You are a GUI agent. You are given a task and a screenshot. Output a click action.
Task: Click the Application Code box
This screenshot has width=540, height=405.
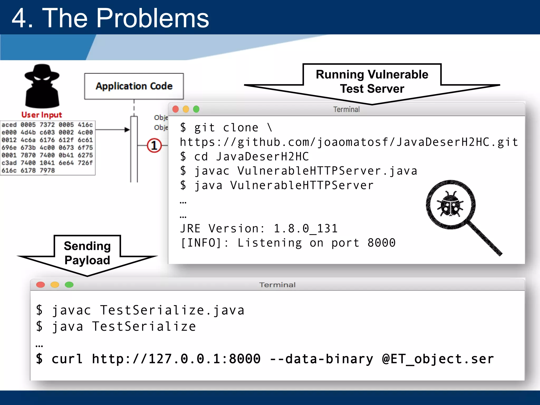(134, 86)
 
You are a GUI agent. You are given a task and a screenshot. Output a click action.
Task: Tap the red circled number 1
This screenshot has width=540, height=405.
(154, 145)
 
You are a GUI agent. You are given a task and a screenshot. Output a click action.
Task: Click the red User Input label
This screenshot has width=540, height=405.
(42, 115)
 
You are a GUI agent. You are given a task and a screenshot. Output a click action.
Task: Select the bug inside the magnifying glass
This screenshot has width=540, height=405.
(450, 204)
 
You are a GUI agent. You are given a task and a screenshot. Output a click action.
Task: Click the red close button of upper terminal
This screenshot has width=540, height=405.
(176, 109)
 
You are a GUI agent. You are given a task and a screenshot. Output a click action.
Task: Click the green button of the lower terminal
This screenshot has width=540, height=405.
(69, 285)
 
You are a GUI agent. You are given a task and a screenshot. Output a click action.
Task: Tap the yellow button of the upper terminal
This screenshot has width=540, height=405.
(186, 109)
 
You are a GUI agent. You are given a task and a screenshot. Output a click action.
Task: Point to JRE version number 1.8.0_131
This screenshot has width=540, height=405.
(306, 228)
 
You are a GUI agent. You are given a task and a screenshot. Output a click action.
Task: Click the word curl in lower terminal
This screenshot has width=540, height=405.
(67, 359)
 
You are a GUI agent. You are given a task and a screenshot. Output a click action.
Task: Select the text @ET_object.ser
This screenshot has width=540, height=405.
(438, 359)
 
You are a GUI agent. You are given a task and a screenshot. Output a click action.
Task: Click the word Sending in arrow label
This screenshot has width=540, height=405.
(87, 246)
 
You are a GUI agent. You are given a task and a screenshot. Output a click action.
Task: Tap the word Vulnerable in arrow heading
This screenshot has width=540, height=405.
(398, 75)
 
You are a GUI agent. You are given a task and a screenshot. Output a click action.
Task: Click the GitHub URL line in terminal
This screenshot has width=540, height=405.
(349, 142)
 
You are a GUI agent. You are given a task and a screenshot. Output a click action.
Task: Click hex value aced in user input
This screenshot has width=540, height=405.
(9, 125)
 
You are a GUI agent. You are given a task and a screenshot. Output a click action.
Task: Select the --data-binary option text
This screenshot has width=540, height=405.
(321, 359)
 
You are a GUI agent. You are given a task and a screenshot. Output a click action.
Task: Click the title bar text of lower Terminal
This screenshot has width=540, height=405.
(277, 285)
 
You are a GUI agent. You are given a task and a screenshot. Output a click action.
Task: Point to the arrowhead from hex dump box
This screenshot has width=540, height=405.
(127, 129)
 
